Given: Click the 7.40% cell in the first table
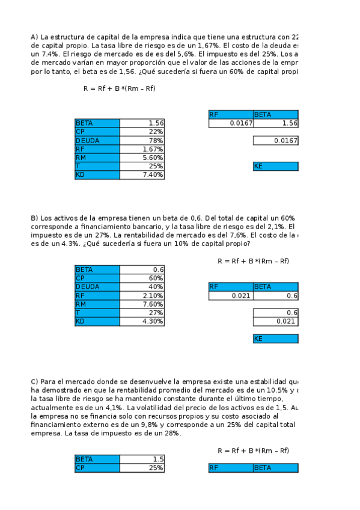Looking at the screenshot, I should click(x=142, y=175).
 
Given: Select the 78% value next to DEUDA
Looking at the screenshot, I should click(x=142, y=141).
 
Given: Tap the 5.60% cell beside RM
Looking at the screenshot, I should click(x=142, y=158).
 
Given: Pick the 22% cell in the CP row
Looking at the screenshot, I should click(x=142, y=132).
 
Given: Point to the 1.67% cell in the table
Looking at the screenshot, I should click(x=142, y=149).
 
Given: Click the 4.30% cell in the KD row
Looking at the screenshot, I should click(x=142, y=322).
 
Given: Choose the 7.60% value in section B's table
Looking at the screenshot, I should click(x=142, y=304).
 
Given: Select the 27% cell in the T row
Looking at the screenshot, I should click(x=142, y=313).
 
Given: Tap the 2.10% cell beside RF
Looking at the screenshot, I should click(x=142, y=296).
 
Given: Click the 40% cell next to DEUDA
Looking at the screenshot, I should click(x=142, y=287).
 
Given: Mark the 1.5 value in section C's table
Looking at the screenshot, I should click(x=142, y=459).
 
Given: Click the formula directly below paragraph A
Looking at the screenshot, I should click(x=119, y=88).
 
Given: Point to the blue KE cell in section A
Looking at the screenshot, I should click(x=275, y=167).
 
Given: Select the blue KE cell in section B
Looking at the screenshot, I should click(x=275, y=339).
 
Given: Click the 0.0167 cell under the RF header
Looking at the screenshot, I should click(x=231, y=123).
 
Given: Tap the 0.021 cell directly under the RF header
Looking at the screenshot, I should click(x=231, y=296).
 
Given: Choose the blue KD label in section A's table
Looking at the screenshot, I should click(x=97, y=175).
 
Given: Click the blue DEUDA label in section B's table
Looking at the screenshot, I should click(x=97, y=287).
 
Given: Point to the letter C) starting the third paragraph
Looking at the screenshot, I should click(x=34, y=381).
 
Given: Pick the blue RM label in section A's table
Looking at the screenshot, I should click(x=97, y=158).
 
